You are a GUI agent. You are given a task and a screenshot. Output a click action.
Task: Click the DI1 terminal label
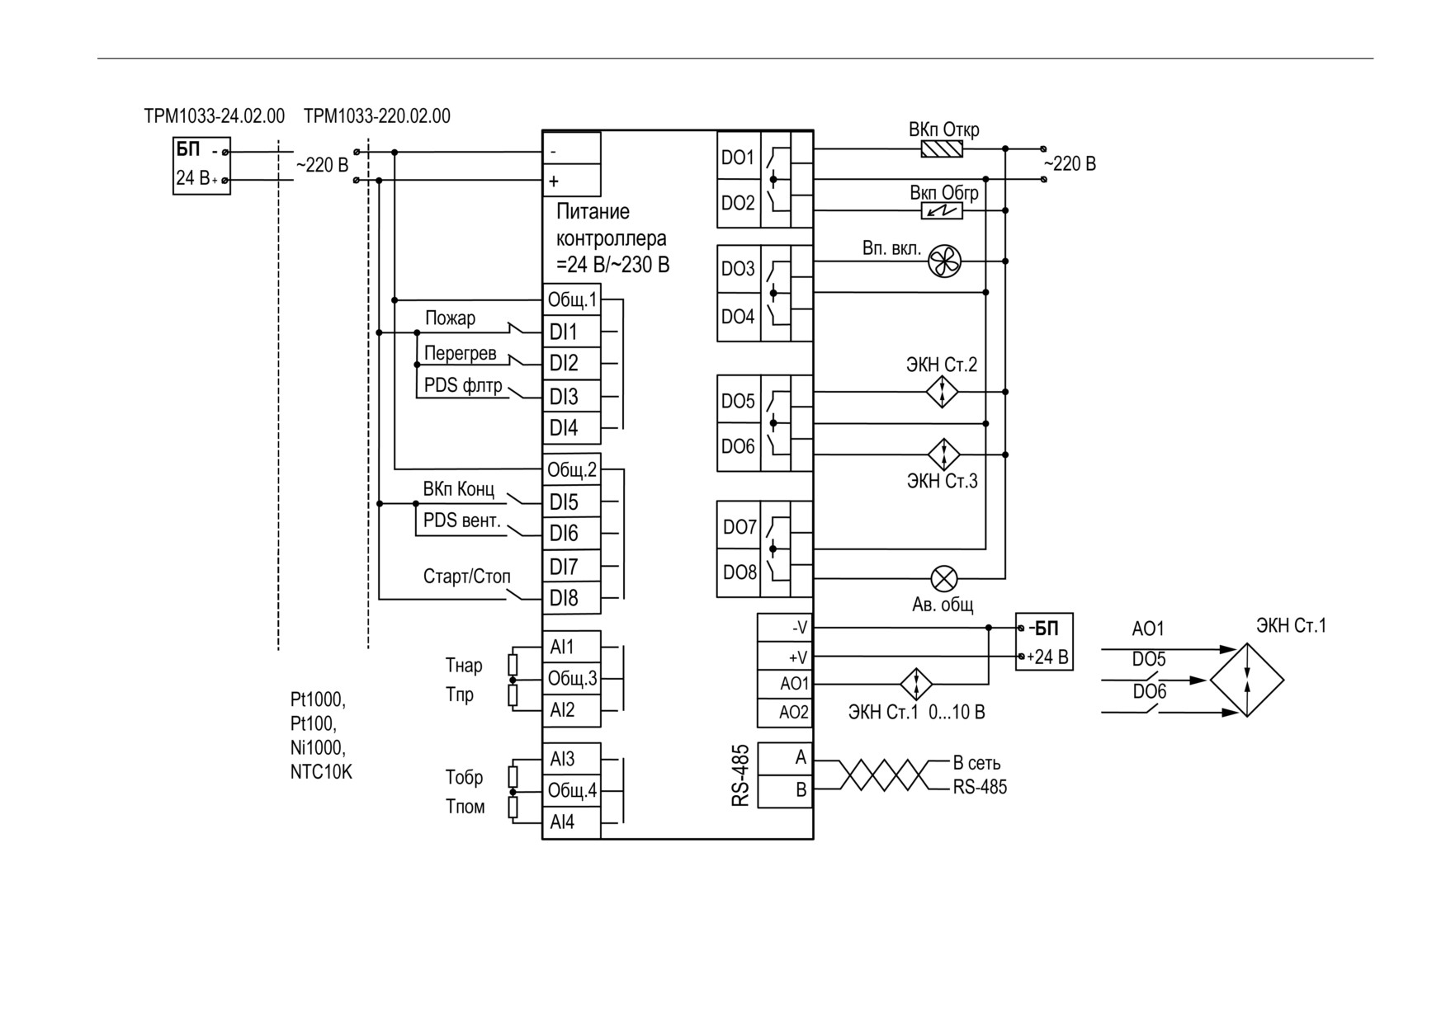point(564,332)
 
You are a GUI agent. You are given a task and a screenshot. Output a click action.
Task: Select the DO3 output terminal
point(739,269)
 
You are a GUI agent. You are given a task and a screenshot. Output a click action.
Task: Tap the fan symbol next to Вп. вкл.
point(944,261)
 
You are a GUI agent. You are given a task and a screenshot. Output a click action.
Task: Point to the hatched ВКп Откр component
point(942,149)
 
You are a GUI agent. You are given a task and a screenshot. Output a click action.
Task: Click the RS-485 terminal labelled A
point(785,758)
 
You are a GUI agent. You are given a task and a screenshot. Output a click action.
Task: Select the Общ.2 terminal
point(571,470)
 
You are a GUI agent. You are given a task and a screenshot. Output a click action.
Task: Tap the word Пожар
point(450,318)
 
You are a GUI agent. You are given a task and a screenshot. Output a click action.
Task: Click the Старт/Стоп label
point(467,576)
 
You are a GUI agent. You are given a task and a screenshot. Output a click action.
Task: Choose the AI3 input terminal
point(571,759)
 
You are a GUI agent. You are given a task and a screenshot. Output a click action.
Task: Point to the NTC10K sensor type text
point(321,773)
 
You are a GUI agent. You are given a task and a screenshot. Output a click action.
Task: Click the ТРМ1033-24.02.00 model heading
point(215,115)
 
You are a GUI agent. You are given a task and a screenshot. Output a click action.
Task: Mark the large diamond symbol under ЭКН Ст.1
point(1247,681)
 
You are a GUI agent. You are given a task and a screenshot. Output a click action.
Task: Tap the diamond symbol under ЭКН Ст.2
point(943,392)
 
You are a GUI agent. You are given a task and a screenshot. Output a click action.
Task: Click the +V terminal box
point(785,657)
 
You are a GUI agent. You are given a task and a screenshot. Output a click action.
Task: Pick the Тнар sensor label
point(464,665)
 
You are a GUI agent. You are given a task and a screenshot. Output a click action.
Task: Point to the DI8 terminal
point(571,598)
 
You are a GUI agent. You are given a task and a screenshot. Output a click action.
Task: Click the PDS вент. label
point(462,520)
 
